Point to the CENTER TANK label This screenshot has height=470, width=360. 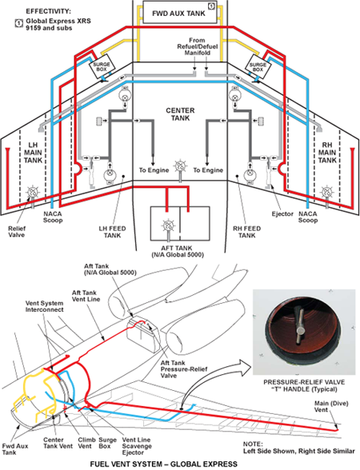point(180,114)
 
